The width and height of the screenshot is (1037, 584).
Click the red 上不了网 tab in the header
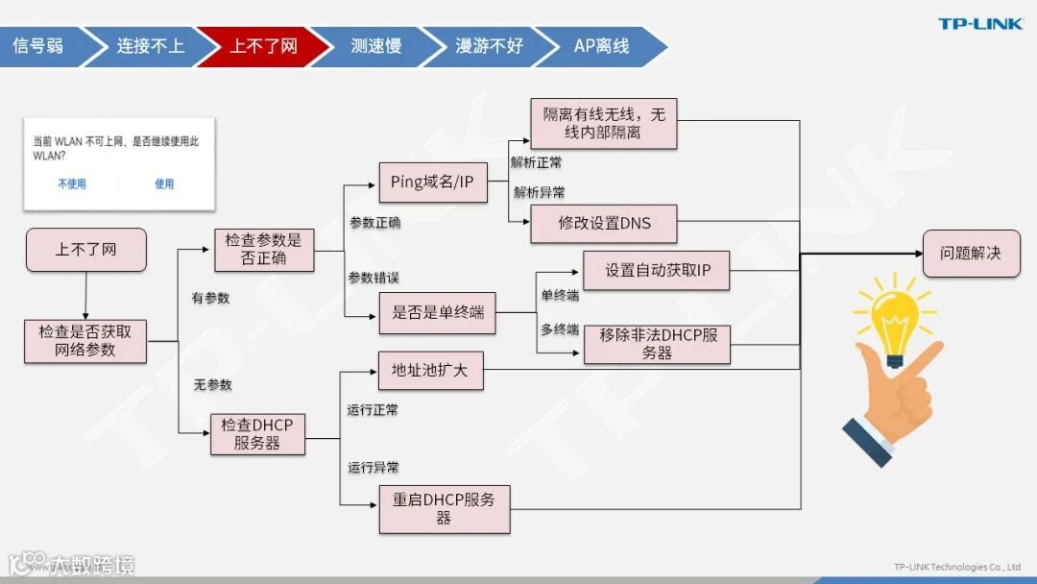tap(263, 46)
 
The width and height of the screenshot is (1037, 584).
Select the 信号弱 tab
tap(38, 46)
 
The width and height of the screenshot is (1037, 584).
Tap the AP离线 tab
tap(601, 46)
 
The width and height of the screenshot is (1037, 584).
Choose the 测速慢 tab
tap(375, 46)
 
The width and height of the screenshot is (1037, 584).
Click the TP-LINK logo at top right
tap(980, 24)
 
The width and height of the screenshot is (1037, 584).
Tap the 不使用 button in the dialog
tap(72, 183)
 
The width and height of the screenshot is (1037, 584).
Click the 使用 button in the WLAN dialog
tap(164, 183)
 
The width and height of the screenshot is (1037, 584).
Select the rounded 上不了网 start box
tap(85, 250)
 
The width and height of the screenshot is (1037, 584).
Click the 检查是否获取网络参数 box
tap(85, 341)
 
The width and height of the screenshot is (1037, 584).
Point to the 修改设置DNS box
tap(604, 223)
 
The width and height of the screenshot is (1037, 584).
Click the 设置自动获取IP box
tap(657, 271)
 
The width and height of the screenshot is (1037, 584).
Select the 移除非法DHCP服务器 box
tap(657, 344)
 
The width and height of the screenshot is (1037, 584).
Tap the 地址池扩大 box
tap(430, 370)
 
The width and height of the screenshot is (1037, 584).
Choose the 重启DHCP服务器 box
tap(444, 509)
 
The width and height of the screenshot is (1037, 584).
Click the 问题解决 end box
tap(971, 254)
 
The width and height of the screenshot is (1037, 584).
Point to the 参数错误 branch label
tap(374, 278)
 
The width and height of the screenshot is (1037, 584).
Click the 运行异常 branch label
tap(374, 468)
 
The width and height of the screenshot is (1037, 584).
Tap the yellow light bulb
tap(894, 322)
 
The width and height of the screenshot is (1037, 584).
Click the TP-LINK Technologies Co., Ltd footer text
tap(956, 567)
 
